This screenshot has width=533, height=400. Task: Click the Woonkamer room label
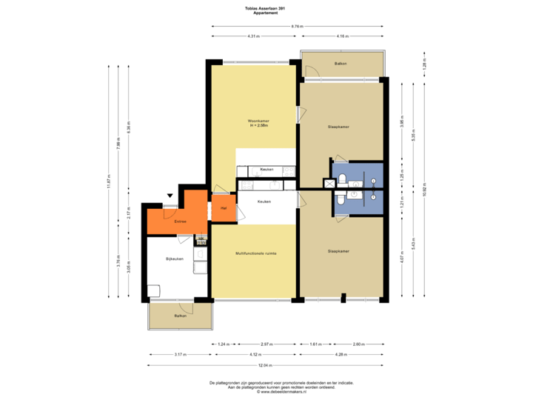click(x=257, y=121)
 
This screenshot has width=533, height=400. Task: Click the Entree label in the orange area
click(x=180, y=221)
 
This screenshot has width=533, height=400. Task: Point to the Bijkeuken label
click(x=174, y=259)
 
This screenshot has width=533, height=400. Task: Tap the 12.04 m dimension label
click(x=266, y=365)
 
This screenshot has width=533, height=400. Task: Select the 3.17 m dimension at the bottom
click(x=180, y=355)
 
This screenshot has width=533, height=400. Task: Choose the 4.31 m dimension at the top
click(x=254, y=36)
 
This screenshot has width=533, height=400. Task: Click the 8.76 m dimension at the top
click(x=298, y=26)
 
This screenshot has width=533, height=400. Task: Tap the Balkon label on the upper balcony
click(x=341, y=64)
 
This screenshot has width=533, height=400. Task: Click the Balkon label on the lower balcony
click(x=180, y=316)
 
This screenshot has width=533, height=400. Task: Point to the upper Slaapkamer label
click(x=338, y=127)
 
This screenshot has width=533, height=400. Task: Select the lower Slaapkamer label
click(x=338, y=252)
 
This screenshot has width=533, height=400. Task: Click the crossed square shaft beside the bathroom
click(x=328, y=183)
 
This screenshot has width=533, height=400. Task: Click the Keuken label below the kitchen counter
click(x=264, y=201)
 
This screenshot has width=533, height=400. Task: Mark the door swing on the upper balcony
click(x=312, y=72)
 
